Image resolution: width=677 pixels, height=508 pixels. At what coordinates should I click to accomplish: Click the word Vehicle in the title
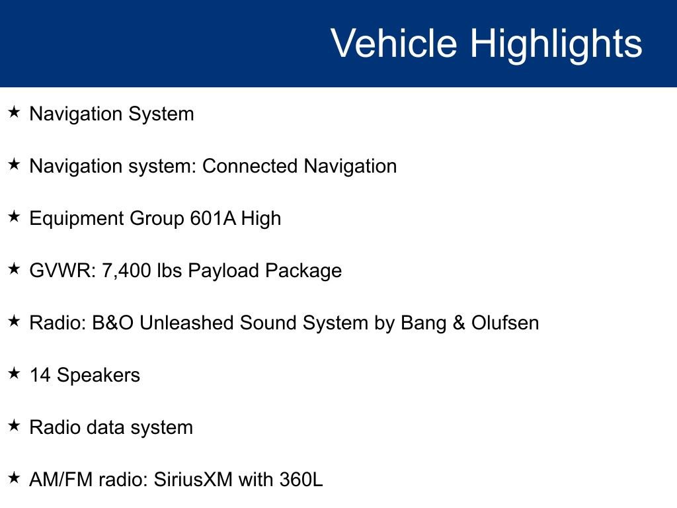click(x=394, y=43)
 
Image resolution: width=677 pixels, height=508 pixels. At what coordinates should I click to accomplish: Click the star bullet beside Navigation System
click(x=15, y=112)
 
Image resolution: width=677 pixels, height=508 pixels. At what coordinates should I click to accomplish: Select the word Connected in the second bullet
click(x=250, y=166)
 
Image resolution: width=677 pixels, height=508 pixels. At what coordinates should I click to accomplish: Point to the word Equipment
click(x=77, y=219)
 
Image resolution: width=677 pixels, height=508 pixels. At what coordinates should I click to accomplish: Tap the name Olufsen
click(x=505, y=323)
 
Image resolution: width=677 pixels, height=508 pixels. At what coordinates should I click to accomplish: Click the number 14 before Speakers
click(x=40, y=375)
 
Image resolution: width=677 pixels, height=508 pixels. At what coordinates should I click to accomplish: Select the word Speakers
click(x=99, y=376)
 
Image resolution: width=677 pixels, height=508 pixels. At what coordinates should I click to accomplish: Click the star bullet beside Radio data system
click(x=15, y=425)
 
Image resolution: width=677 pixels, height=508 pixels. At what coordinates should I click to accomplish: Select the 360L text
click(x=301, y=480)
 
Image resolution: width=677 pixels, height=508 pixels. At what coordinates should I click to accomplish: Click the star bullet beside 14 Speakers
click(x=15, y=373)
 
